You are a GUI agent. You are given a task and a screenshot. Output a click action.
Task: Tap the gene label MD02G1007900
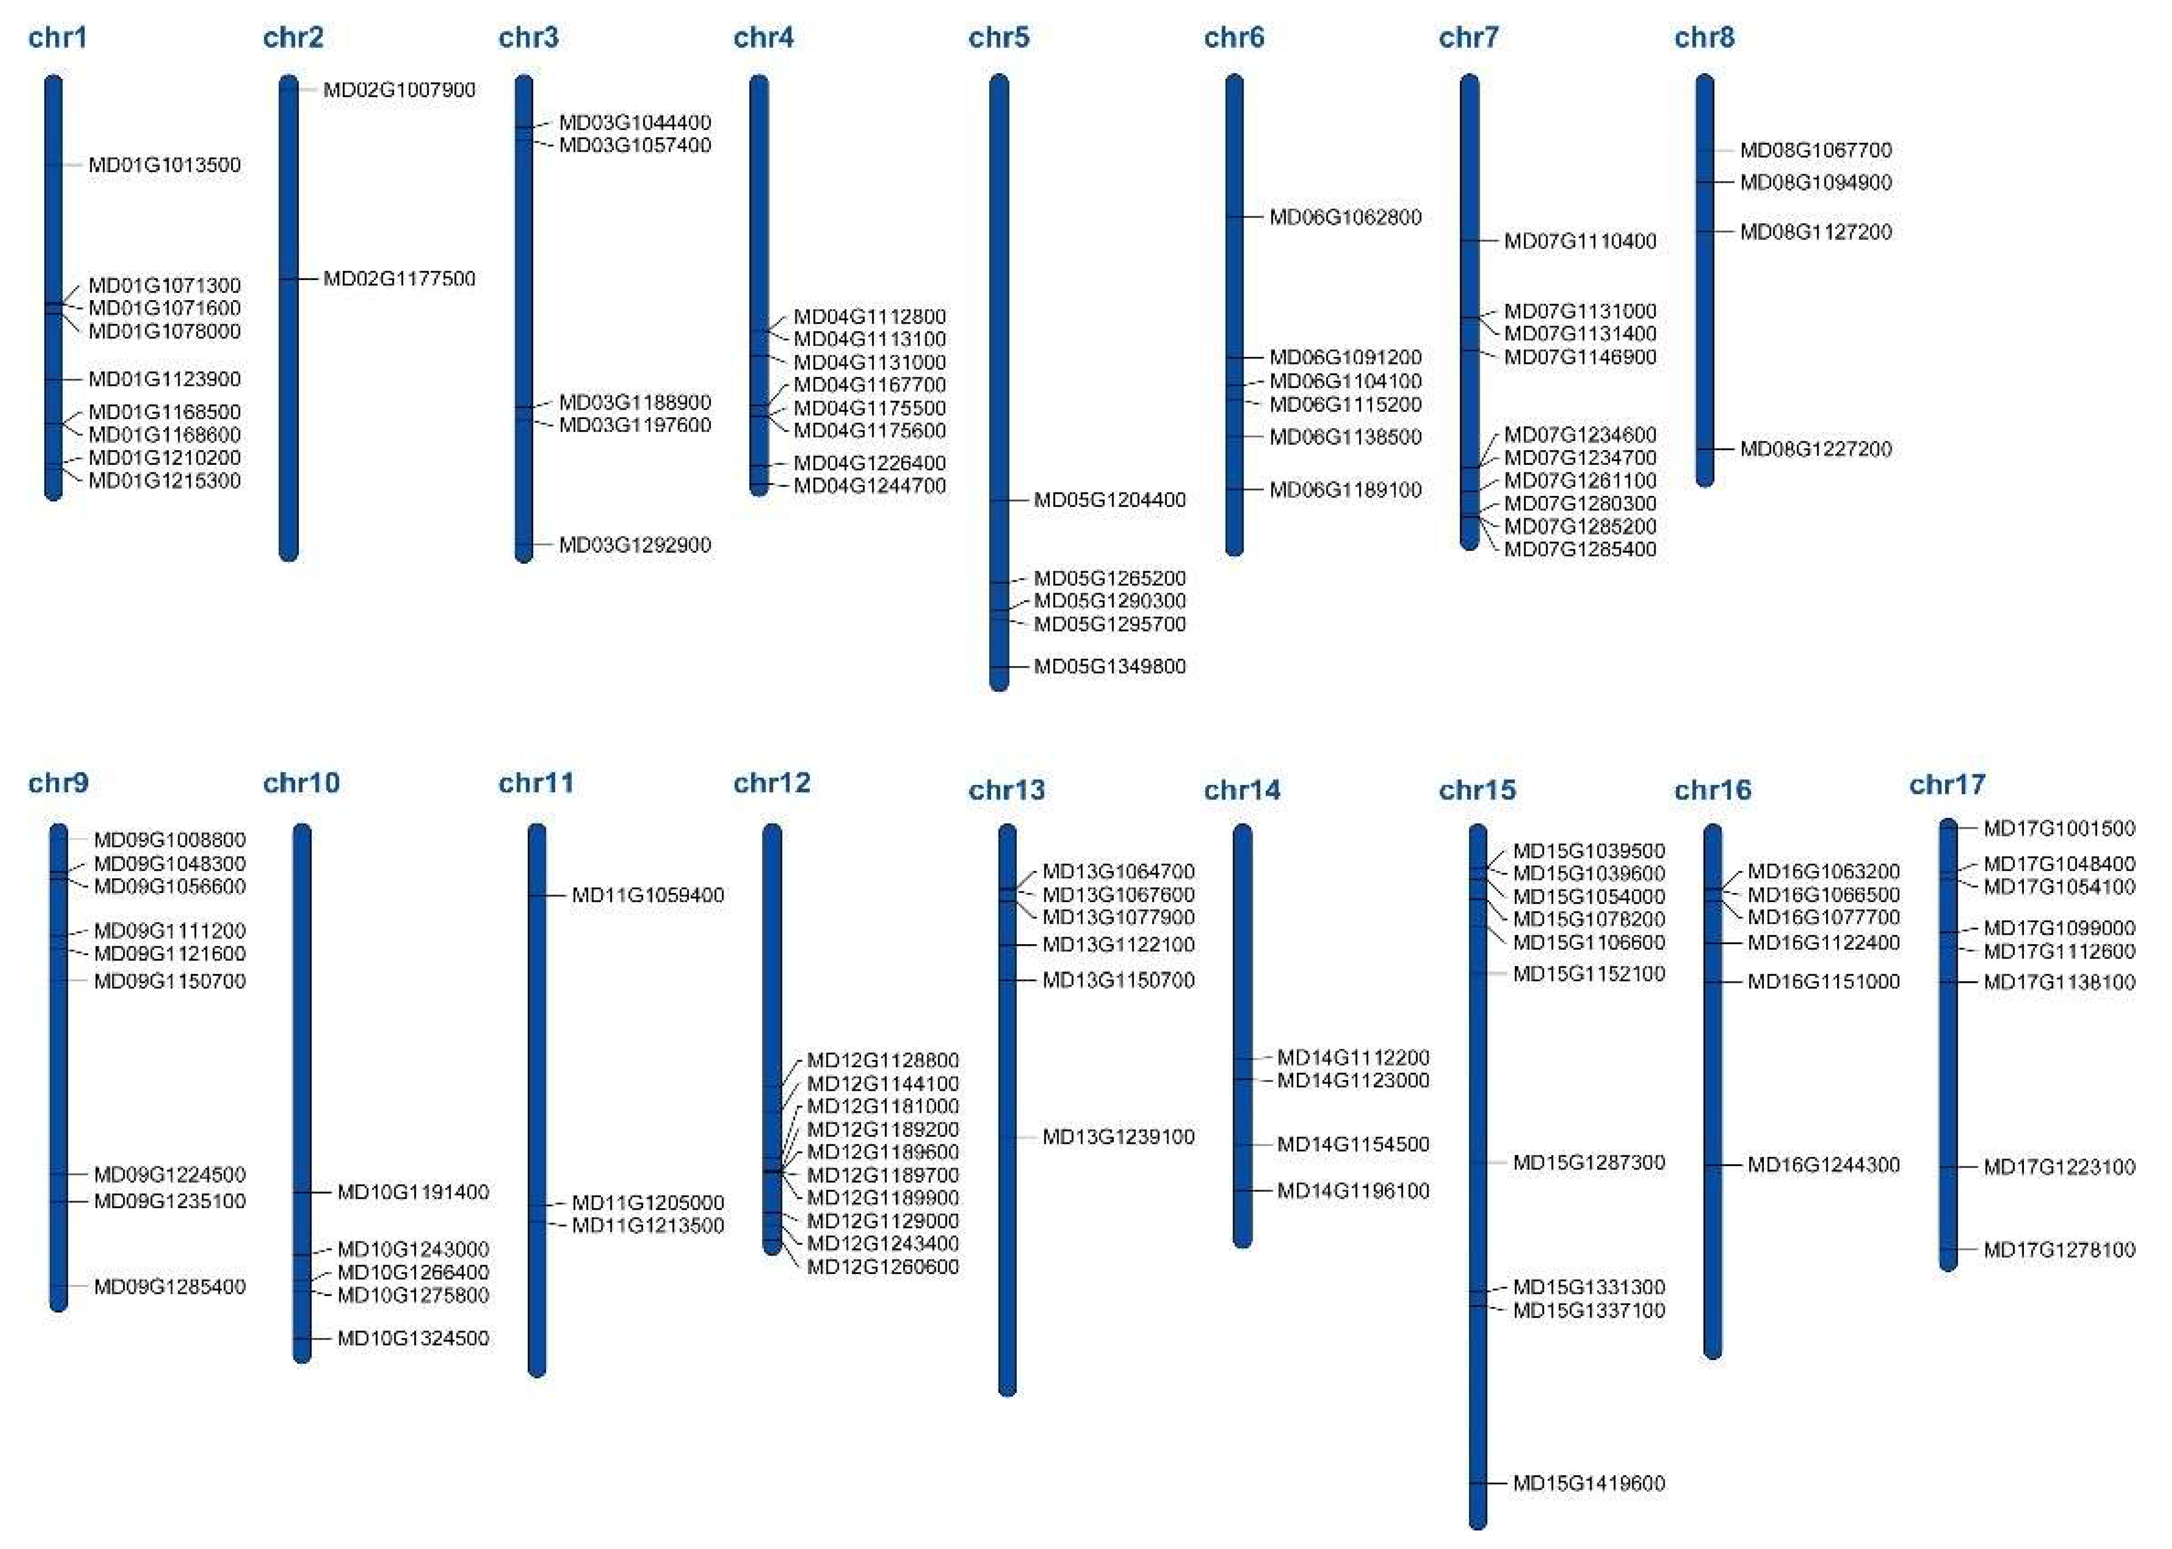click(399, 90)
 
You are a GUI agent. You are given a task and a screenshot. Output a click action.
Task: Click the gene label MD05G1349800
click(1110, 666)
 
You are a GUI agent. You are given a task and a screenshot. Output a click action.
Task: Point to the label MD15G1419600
click(1588, 1482)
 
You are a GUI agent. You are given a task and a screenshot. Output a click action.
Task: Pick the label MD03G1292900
click(634, 545)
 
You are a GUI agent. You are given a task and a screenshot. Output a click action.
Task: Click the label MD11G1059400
click(648, 894)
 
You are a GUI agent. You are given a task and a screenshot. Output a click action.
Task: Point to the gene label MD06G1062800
click(1345, 216)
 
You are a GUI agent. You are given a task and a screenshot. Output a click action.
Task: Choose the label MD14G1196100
click(1353, 1191)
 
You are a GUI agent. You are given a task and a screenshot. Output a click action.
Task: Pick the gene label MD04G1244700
click(869, 485)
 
